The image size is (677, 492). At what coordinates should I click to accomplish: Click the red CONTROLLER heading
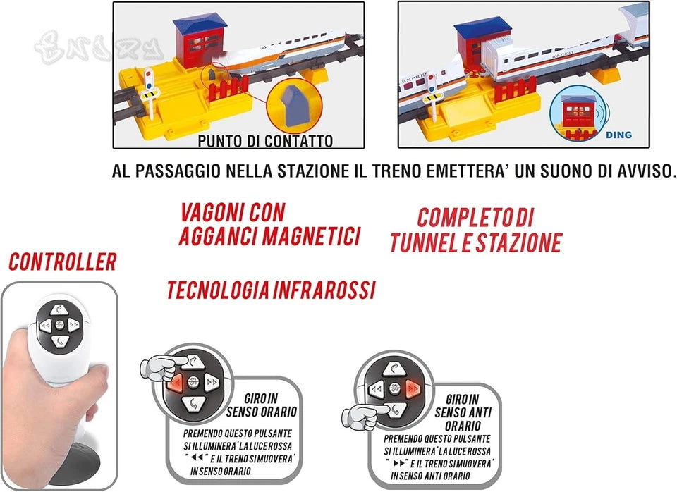63,262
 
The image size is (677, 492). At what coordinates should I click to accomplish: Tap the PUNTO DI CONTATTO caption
265,141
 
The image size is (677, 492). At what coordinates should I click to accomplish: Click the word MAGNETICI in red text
311,236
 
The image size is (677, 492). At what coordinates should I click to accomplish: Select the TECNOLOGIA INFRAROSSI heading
271,289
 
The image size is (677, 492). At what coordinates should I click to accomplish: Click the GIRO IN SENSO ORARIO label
262,405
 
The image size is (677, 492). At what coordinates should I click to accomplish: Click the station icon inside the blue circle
578,113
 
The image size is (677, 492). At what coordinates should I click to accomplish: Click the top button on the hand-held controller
59,309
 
